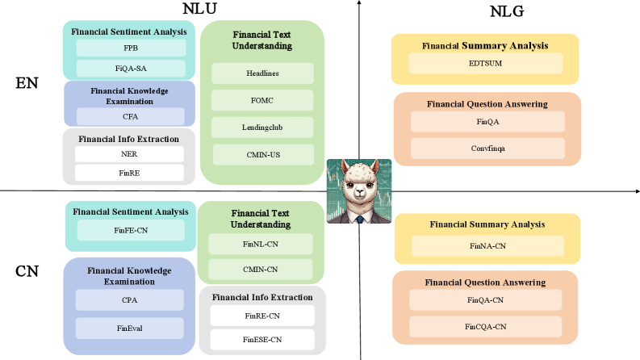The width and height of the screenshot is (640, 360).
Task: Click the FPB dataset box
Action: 131,48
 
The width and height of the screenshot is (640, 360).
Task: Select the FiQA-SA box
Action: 131,68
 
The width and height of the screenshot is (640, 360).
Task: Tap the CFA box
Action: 129,115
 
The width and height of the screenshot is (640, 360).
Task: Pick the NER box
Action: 129,153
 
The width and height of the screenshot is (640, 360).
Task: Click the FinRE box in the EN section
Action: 129,172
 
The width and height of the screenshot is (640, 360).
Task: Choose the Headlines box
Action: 261,73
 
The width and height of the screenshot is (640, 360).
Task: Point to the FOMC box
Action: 261,100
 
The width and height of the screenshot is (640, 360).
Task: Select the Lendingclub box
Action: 261,128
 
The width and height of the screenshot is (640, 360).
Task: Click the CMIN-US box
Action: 261,154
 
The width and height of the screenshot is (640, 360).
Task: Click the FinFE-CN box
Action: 131,231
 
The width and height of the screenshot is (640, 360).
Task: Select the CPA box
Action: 129,300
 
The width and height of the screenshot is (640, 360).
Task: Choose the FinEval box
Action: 129,328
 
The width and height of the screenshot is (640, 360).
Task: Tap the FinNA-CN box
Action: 486,245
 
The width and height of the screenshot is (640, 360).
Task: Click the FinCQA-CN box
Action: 485,326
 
